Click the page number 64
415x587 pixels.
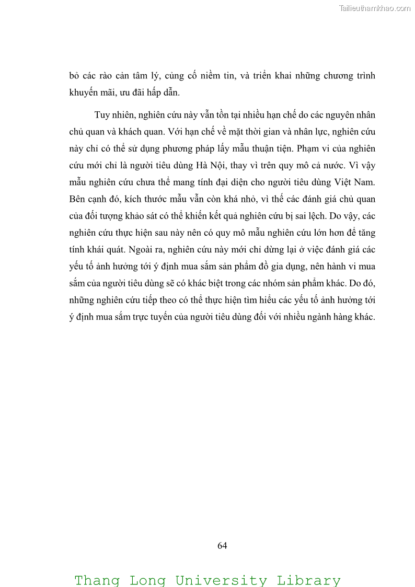[222, 546]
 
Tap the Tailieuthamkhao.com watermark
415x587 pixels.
[375, 8]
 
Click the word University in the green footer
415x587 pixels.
[221, 580]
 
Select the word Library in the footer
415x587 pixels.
[308, 580]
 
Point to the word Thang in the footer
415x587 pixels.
[97, 580]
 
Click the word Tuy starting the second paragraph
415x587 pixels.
[102, 115]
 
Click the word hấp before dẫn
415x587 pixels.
[148, 93]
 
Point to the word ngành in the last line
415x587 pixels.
[313, 317]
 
